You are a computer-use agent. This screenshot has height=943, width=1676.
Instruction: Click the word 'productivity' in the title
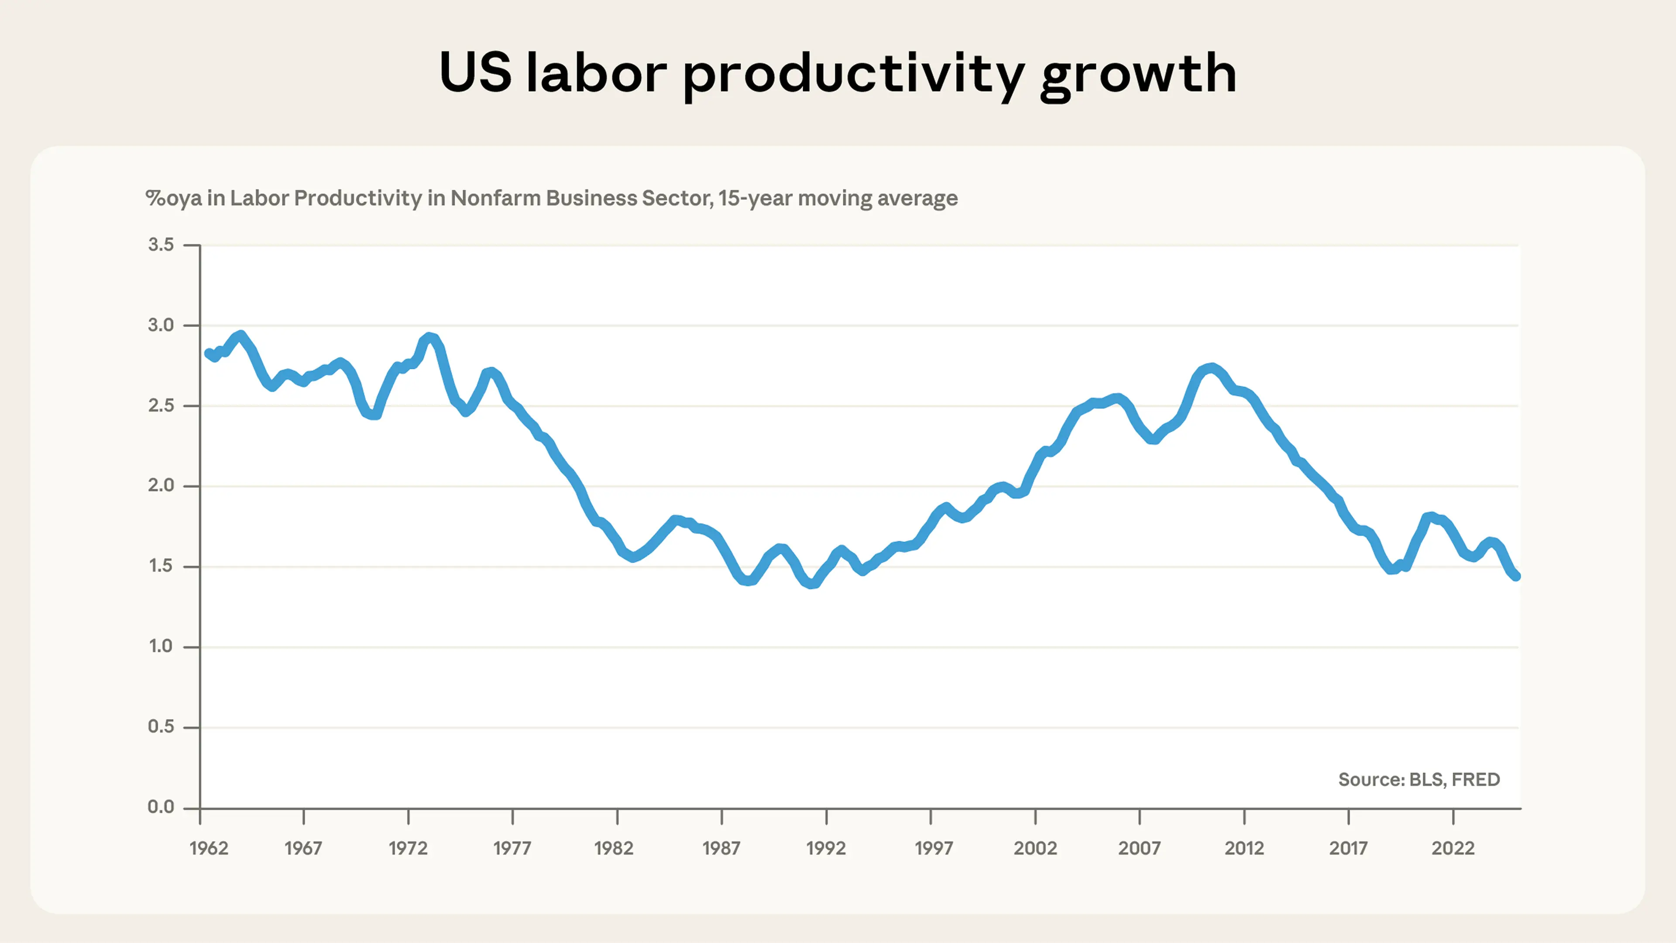(853, 75)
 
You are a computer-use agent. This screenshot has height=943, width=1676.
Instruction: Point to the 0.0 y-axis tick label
(161, 807)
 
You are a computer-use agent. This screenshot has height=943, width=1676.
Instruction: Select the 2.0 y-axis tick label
(161, 485)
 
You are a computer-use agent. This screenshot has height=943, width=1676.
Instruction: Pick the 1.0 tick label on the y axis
(161, 646)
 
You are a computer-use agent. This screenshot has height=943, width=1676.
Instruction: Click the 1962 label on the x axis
(209, 848)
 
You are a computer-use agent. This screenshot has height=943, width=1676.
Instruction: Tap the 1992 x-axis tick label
(826, 848)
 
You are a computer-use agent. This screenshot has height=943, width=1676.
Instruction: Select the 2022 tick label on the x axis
(1453, 848)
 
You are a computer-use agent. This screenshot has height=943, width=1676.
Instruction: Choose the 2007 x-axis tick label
(1139, 848)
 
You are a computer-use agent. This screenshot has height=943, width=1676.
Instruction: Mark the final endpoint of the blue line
(1516, 576)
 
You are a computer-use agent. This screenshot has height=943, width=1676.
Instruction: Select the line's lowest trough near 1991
(811, 584)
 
